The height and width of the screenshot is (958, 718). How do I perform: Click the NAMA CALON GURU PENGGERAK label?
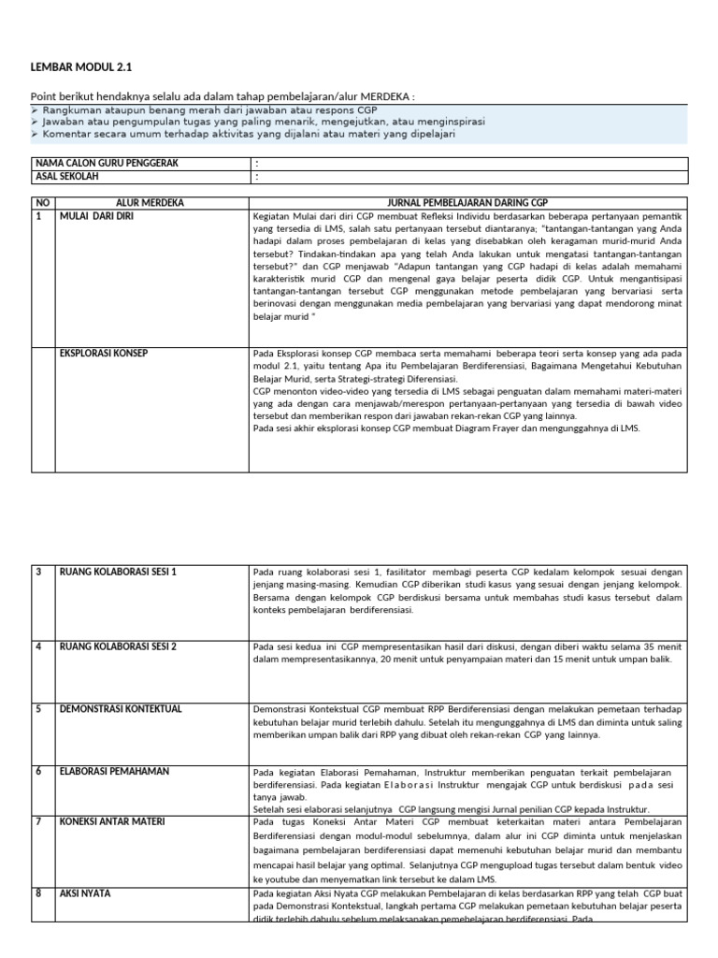click(106, 163)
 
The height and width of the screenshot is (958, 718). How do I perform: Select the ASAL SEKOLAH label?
click(66, 176)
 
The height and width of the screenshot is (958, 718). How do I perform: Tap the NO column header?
click(41, 202)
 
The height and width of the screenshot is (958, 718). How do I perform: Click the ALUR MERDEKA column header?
click(150, 202)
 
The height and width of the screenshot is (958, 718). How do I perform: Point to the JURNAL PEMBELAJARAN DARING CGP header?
click(467, 202)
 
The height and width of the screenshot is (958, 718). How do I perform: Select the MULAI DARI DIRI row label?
click(99, 215)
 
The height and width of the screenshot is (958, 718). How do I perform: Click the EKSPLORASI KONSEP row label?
click(104, 353)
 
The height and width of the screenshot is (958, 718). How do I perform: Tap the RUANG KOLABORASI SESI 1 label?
click(118, 571)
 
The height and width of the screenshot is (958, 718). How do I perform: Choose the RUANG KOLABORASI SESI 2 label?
click(118, 646)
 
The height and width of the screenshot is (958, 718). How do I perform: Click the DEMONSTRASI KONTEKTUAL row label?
click(120, 708)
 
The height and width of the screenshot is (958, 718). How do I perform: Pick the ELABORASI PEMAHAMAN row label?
click(114, 771)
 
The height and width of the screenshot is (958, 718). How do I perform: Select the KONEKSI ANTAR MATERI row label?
click(112, 821)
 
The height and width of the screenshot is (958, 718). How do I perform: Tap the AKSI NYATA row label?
click(85, 893)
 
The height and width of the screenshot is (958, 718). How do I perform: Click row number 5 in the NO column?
click(39, 708)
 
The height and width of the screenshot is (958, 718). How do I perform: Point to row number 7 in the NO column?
click(39, 821)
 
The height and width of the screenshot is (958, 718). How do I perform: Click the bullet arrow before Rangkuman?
click(35, 109)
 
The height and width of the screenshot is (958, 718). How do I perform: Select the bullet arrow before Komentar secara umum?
click(35, 134)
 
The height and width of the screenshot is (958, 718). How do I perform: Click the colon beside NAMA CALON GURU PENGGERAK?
click(257, 164)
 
